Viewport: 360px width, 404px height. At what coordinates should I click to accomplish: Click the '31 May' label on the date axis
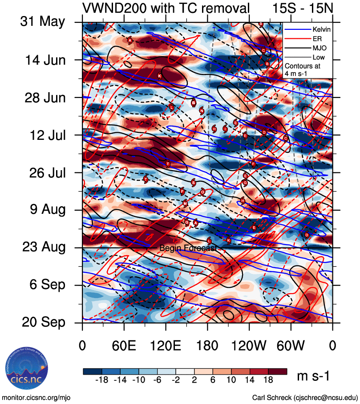point(42,22)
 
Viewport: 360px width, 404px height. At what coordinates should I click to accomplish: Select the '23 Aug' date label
point(43,247)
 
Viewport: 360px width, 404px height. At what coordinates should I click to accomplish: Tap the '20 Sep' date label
point(43,322)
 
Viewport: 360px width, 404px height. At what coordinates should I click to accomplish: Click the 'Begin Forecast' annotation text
point(188,248)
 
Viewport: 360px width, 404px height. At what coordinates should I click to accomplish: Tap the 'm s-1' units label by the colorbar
point(313,377)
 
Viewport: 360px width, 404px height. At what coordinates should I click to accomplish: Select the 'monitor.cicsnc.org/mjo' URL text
point(36,397)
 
